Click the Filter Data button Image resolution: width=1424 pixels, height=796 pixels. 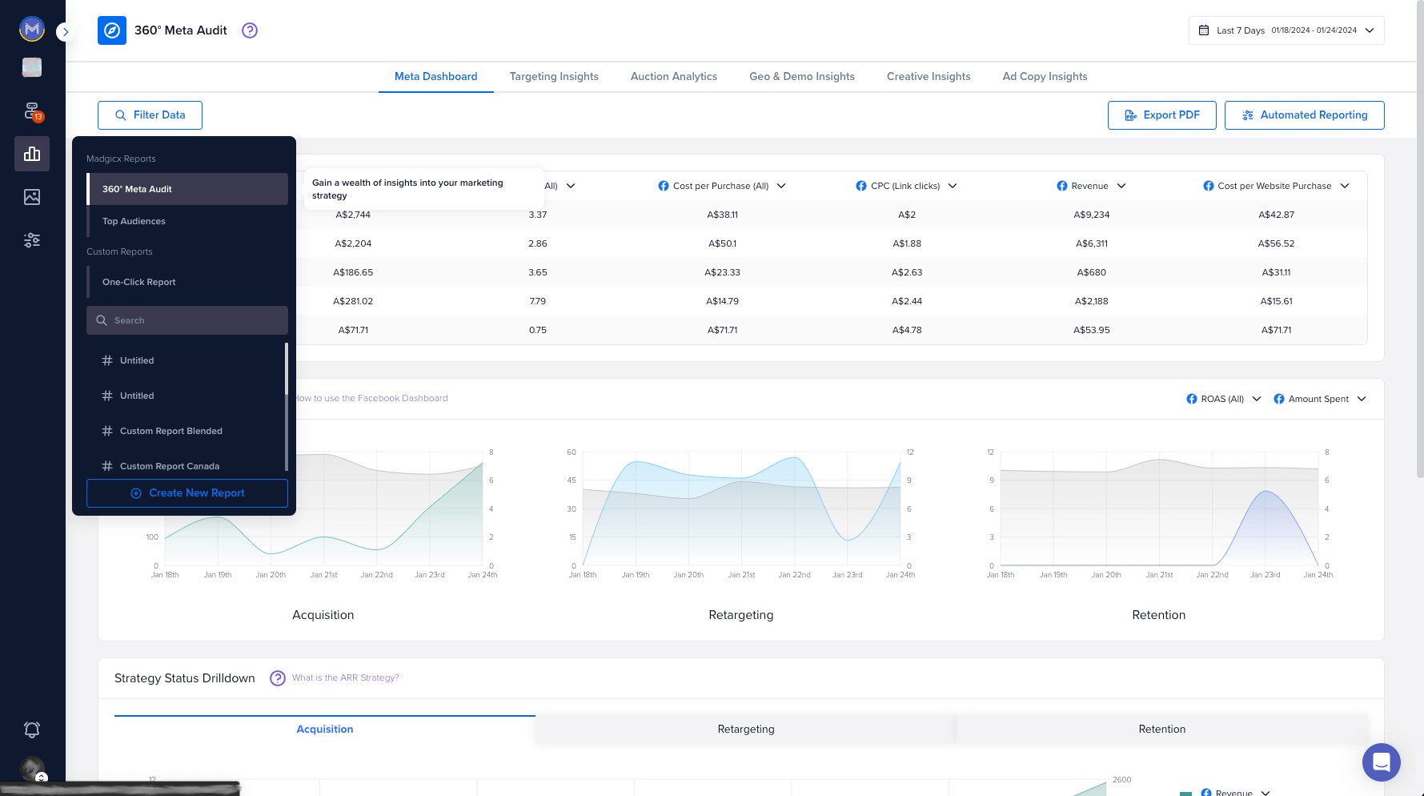tap(150, 115)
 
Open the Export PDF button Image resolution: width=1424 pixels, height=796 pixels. tap(1161, 115)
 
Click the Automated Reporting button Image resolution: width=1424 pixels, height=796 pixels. tap(1304, 115)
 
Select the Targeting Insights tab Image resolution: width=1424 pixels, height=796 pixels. tap(554, 77)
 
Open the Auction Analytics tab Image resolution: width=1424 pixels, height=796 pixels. tap(673, 77)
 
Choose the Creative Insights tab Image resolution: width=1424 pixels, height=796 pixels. tap(928, 77)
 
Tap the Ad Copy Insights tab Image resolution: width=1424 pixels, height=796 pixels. tap(1045, 77)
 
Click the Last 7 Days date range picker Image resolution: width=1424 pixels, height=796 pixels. tap(1286, 30)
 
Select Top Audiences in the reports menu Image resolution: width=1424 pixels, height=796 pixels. tap(134, 221)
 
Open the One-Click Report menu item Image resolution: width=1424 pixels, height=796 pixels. tap(138, 282)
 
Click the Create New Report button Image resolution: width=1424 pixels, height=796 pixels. tap(187, 493)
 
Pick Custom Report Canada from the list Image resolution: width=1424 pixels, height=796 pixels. tap(169, 466)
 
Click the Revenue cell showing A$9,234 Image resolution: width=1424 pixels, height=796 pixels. tap(1091, 215)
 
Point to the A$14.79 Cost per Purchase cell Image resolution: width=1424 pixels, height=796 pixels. tap(722, 301)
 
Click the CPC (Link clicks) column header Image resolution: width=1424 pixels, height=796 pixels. tap(906, 186)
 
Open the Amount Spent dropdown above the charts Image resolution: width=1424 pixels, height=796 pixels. tap(1319, 399)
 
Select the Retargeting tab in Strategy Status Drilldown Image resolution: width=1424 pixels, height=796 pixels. tap(745, 729)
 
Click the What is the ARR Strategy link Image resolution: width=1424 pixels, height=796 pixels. tap(345, 677)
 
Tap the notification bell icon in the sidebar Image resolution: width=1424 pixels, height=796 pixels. tap(32, 730)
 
